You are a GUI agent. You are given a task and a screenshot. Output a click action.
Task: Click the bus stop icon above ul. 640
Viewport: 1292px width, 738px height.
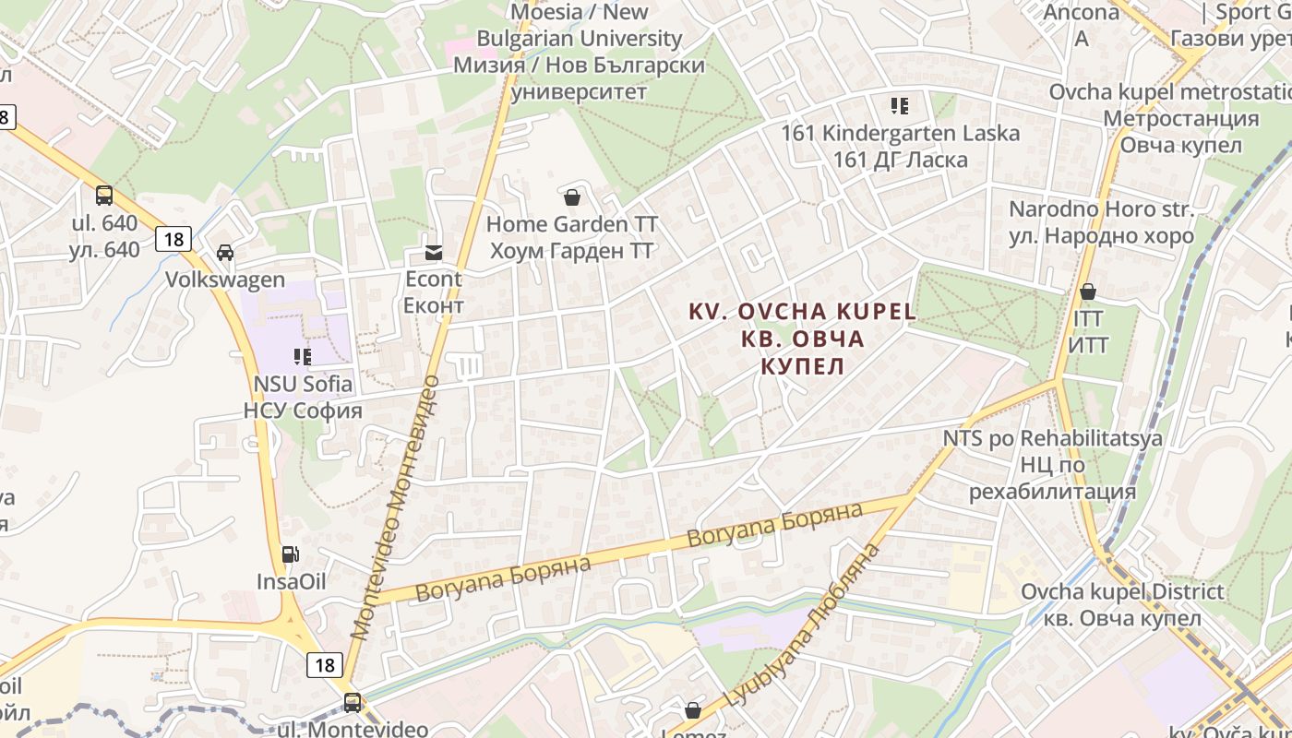[104, 196]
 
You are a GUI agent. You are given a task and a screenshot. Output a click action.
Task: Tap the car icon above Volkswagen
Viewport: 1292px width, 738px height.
[225, 253]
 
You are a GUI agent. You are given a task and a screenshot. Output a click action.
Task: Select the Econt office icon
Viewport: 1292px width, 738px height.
[433, 252]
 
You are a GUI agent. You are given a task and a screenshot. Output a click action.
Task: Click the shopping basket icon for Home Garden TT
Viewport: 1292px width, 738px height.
[572, 197]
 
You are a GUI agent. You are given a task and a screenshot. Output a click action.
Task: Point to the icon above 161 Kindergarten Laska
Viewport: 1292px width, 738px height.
[900, 106]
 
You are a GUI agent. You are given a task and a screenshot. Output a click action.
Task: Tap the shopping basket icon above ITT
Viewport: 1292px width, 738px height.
[1088, 292]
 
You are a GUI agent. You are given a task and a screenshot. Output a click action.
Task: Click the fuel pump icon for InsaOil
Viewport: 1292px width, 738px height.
[291, 554]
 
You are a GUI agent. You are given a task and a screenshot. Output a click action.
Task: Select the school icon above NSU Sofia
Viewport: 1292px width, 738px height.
[303, 356]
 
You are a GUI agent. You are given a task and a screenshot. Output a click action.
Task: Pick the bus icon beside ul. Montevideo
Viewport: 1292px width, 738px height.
[353, 703]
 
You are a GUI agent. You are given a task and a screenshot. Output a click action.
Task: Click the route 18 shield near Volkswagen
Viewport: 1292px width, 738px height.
[173, 239]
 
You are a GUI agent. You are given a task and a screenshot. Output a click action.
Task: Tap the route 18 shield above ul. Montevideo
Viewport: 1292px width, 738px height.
[324, 664]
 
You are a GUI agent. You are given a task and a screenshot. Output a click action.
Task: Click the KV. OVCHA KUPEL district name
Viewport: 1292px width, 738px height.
[803, 338]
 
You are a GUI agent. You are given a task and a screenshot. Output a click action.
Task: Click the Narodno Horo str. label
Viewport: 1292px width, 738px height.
[1101, 222]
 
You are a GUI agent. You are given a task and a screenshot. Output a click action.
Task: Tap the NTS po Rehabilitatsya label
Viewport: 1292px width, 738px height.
[1052, 464]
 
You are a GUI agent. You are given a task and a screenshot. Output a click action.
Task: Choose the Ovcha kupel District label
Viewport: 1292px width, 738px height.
[1122, 604]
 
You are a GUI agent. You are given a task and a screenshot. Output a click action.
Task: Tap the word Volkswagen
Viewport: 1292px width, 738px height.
[225, 280]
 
